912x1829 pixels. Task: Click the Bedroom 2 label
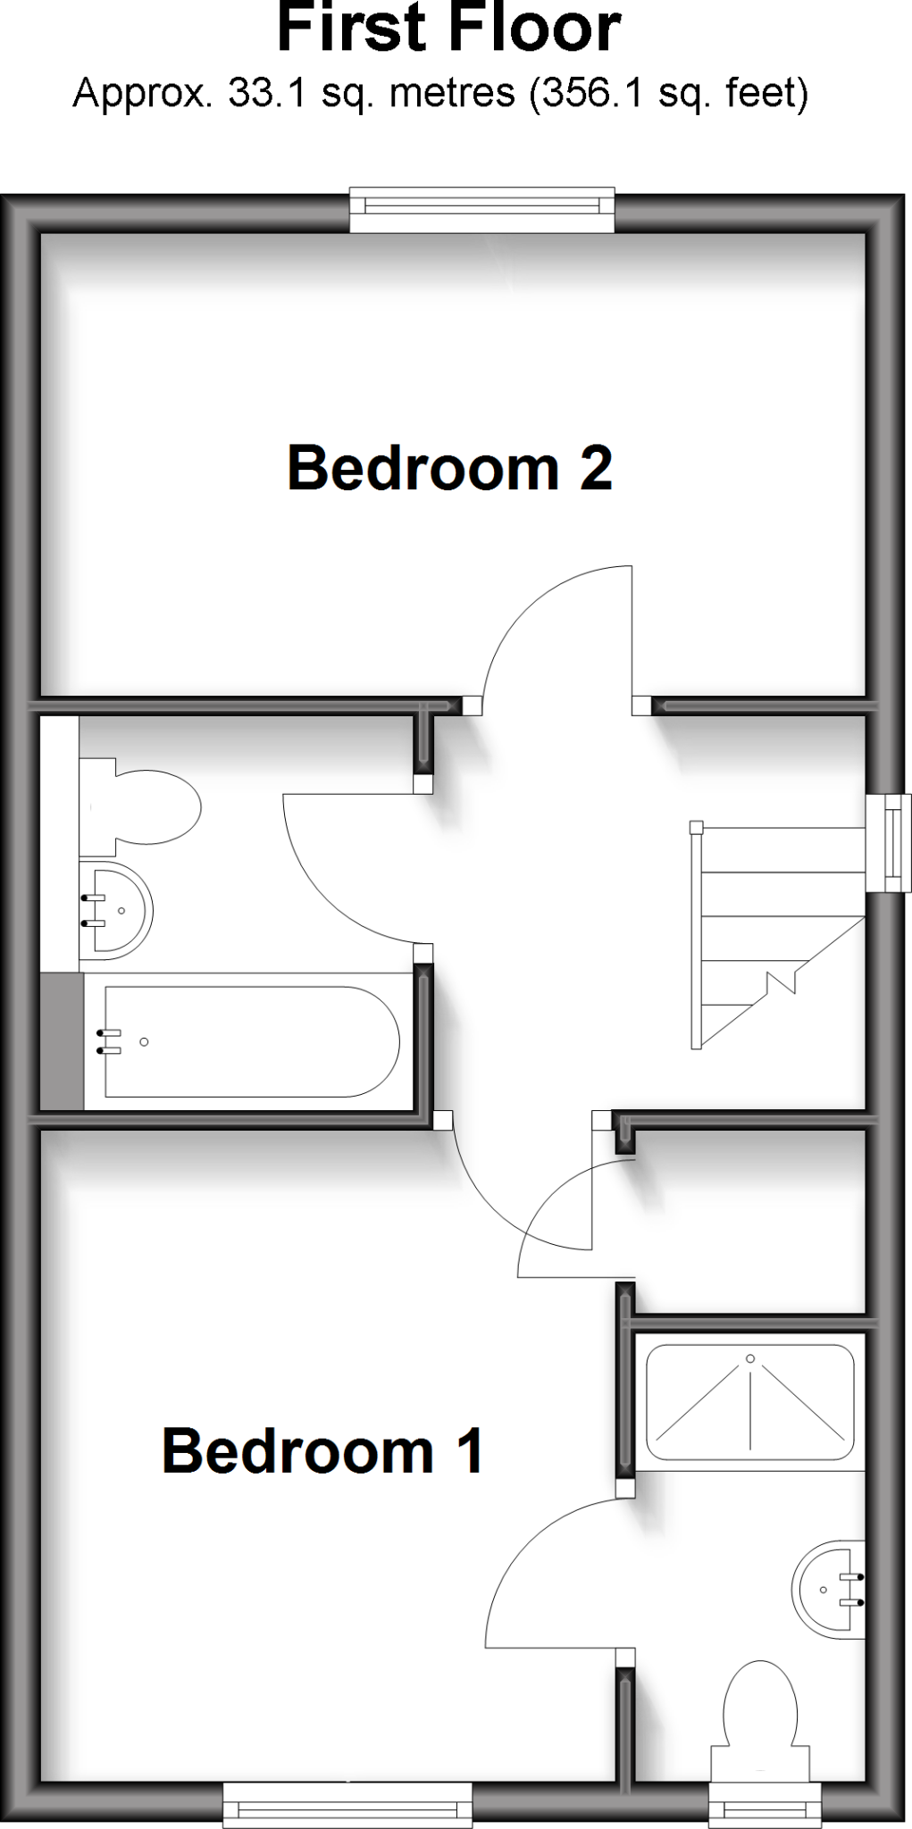449,468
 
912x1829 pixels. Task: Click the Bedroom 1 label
322,1450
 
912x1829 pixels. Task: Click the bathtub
250,1041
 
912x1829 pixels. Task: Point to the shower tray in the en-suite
749,1401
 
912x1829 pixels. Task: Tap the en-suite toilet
759,1706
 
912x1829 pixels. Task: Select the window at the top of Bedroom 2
482,210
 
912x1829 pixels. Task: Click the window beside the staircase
890,843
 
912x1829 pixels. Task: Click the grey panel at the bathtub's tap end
62,1041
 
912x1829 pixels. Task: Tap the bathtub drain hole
144,1041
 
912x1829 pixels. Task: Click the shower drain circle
750,1358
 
